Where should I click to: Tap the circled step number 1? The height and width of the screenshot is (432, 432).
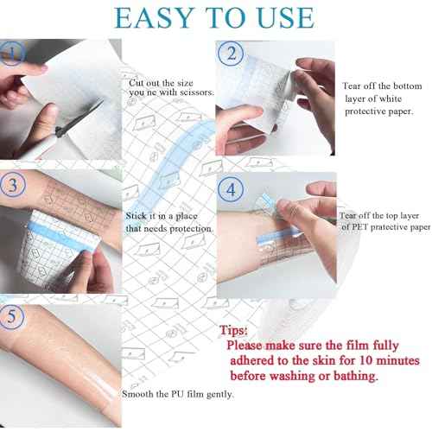coord(10,57)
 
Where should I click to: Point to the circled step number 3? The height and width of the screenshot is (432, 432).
coord(10,185)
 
